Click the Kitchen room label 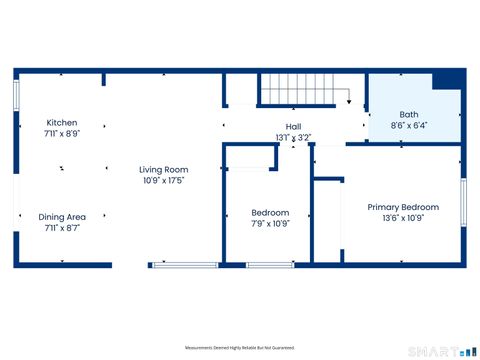coord(62,122)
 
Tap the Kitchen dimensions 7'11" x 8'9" coord(62,132)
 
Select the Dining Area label coord(62,217)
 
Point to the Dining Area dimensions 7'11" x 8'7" coord(62,227)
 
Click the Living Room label coord(163,170)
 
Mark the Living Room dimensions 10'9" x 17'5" coord(163,180)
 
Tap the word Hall coord(293,127)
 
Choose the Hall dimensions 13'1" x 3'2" coord(293,137)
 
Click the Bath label coord(409,114)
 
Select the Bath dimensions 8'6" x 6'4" coord(409,125)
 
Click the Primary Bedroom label coord(403,207)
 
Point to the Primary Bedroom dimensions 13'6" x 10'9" coord(403,217)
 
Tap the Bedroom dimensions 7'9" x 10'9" coord(270,223)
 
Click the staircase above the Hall coord(300,93)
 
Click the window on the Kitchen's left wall coord(16,95)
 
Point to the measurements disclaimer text coord(239,347)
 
